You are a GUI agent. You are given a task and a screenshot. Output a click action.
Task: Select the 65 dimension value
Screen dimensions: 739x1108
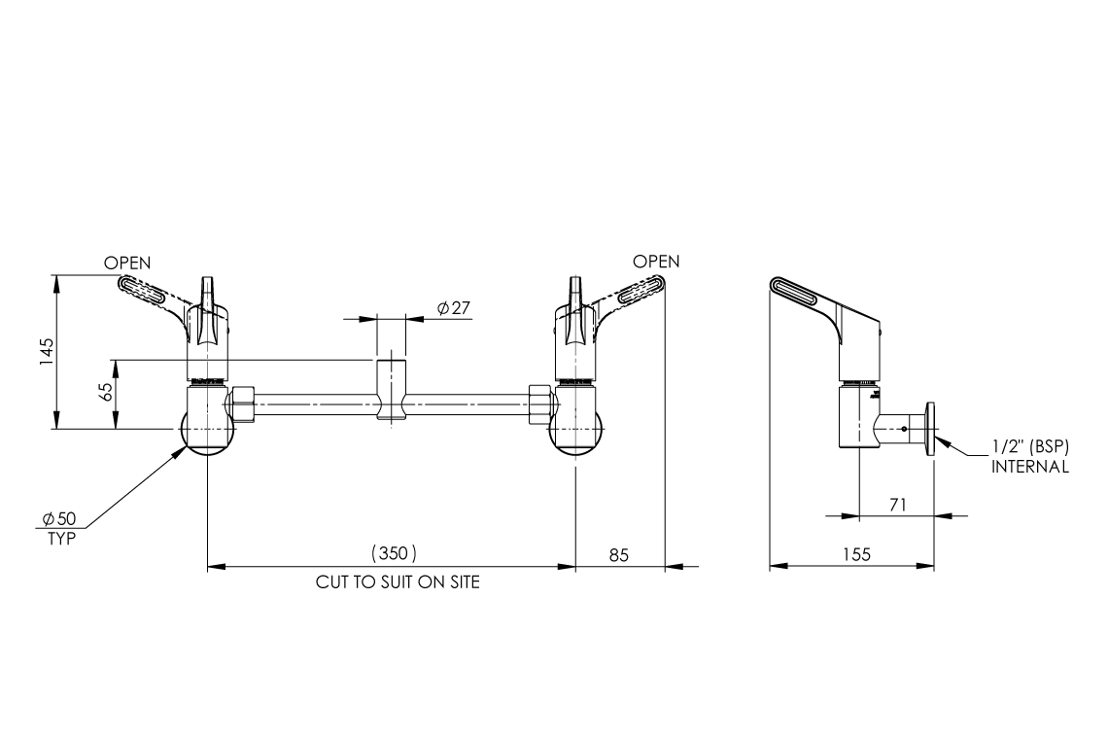point(107,393)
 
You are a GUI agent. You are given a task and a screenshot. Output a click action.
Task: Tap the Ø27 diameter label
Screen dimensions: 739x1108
point(454,308)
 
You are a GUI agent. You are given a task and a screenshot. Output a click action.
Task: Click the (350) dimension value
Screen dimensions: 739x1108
point(394,553)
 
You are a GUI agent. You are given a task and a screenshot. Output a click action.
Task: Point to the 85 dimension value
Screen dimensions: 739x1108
point(619,554)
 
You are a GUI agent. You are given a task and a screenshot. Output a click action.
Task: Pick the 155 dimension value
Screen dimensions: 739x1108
point(855,554)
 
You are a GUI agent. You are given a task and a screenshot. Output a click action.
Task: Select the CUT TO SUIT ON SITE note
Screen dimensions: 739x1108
point(398,583)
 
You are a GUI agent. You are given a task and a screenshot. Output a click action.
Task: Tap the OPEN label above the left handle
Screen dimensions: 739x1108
point(128,263)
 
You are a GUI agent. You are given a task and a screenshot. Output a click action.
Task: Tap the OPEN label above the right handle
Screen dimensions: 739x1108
point(656,262)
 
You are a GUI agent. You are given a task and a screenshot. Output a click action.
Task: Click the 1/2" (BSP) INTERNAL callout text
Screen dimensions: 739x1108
point(1030,457)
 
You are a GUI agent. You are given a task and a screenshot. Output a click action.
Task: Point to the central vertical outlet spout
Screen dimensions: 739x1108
point(392,390)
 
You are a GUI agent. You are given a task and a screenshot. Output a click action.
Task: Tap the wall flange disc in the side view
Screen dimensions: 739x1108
point(931,429)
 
